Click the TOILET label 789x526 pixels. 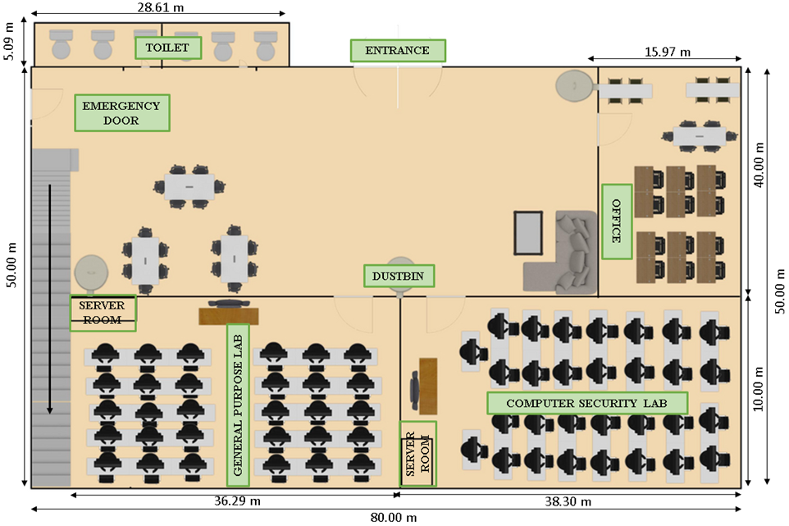coord(167,48)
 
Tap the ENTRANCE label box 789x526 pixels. coord(398,51)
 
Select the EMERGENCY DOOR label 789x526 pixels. coord(121,113)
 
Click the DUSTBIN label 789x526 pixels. coord(399,277)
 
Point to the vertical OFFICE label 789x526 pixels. coord(616,222)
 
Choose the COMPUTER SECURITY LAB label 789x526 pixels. coord(586,404)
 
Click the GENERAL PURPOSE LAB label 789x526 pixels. coord(237,405)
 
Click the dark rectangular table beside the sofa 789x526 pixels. coord(528,233)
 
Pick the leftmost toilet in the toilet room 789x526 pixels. coord(62,44)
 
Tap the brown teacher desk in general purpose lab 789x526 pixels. coord(229,316)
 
